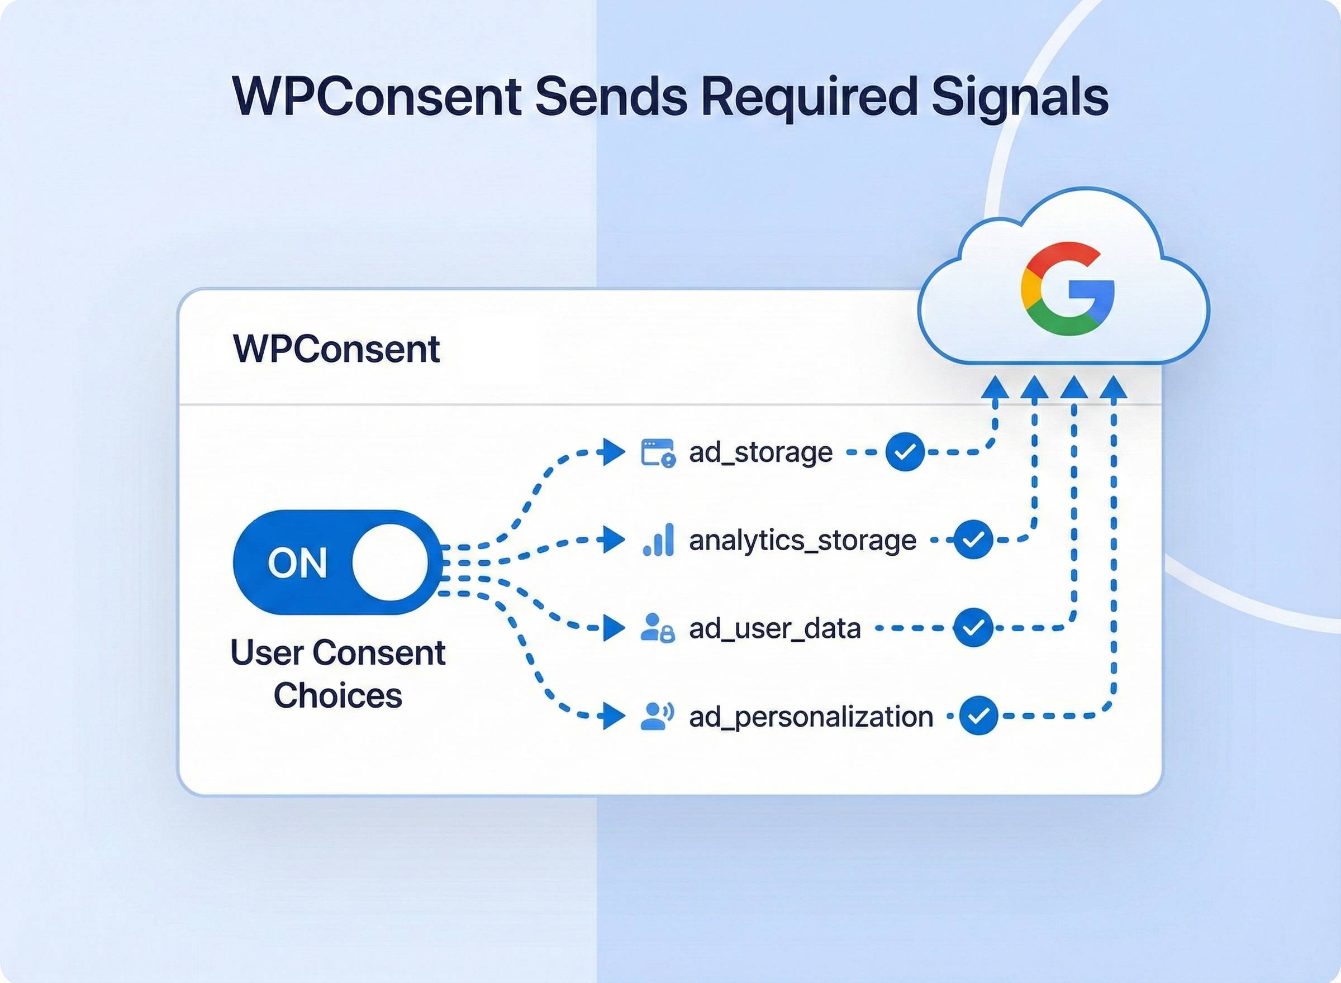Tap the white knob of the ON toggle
(x=390, y=562)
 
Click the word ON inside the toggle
(x=297, y=563)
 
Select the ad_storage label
(x=760, y=452)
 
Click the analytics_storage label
(x=802, y=540)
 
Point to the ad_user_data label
(x=774, y=628)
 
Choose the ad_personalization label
(x=811, y=716)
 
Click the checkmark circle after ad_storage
(x=905, y=452)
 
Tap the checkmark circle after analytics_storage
(x=973, y=540)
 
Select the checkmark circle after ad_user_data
(x=973, y=628)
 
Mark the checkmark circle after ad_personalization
(x=978, y=715)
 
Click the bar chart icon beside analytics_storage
(x=658, y=540)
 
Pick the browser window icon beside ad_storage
(x=658, y=453)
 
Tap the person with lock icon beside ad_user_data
(x=658, y=628)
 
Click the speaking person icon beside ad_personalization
(x=657, y=716)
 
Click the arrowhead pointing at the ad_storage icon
(x=613, y=452)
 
